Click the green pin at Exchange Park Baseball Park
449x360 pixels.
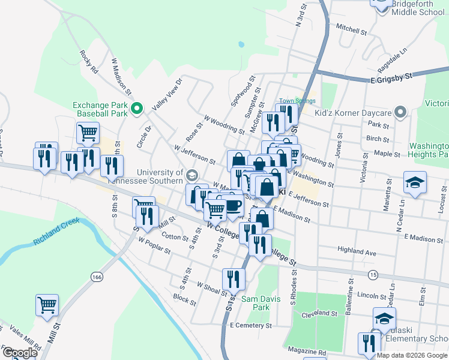pyautogui.click(x=136, y=109)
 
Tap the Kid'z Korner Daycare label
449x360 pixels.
pyautogui.click(x=353, y=113)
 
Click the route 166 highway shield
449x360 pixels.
pyautogui.click(x=97, y=277)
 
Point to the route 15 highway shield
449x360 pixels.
pyautogui.click(x=373, y=274)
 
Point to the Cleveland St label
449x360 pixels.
pyautogui.click(x=320, y=314)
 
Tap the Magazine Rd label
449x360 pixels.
pyautogui.click(x=306, y=350)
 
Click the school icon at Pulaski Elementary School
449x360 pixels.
pyautogui.click(x=384, y=318)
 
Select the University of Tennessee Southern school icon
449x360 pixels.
pyautogui.click(x=192, y=176)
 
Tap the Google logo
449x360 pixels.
pyautogui.click(x=19, y=353)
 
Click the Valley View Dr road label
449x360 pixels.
pyautogui.click(x=167, y=94)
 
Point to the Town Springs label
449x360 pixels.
pyautogui.click(x=293, y=101)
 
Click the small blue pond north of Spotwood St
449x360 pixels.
pyautogui.click(x=241, y=44)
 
